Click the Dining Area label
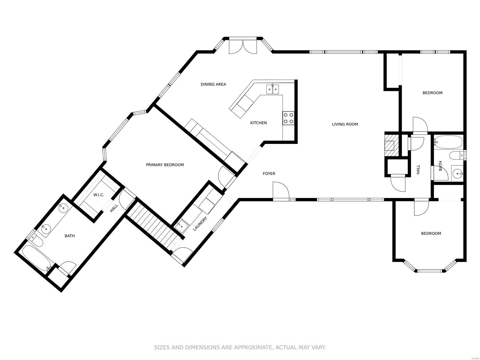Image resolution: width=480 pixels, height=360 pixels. coord(213,84)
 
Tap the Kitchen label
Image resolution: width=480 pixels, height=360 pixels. coord(259,123)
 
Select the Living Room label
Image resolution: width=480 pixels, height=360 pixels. coord(345,124)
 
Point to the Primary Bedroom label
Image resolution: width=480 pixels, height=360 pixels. coord(165,165)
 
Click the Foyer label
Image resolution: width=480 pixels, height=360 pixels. coord(269,174)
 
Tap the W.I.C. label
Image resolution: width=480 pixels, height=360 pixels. coord(99,195)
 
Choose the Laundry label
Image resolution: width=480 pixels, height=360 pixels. coord(200,223)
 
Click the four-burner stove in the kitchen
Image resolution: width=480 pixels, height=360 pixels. coord(288,118)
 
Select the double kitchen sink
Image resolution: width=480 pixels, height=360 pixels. coord(272,89)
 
